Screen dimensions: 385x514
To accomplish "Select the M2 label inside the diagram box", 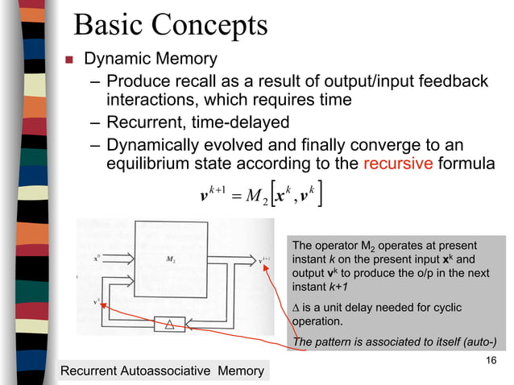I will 172,259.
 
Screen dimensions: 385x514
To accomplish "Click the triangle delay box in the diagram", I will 170,324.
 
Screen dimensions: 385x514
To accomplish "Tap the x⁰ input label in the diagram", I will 97,259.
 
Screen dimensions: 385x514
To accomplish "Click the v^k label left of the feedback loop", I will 97,302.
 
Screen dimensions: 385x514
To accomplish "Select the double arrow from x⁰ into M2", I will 121,259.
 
